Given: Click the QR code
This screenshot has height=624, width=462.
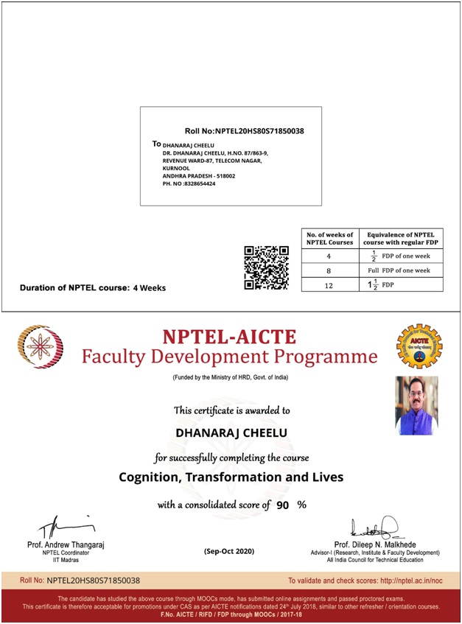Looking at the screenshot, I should click(x=266, y=267).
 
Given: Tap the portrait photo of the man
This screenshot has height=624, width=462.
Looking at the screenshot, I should click(x=417, y=405).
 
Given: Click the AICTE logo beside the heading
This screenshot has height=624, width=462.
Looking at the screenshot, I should click(x=419, y=346).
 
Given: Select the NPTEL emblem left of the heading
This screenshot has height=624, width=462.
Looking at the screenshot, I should click(x=41, y=347).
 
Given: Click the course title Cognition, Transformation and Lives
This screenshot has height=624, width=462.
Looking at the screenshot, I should click(x=231, y=477).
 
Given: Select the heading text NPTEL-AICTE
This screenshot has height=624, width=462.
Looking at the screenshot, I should click(x=229, y=337).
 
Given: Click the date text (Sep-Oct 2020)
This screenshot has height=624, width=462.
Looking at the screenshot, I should click(x=229, y=551).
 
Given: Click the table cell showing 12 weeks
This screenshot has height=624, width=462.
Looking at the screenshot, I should click(x=329, y=284).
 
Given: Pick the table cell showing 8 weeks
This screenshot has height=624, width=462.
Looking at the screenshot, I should click(x=329, y=270).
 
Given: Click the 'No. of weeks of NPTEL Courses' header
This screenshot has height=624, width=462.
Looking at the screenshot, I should click(x=329, y=238).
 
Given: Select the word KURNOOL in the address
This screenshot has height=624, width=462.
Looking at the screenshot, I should click(x=177, y=168).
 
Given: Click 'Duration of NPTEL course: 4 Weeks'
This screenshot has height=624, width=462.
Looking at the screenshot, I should click(x=93, y=288).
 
